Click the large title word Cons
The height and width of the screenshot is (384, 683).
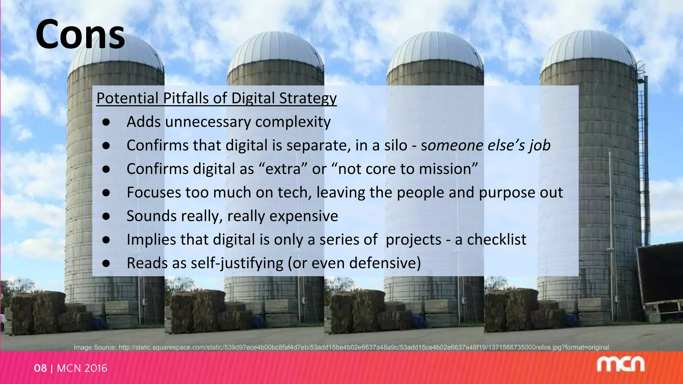80,35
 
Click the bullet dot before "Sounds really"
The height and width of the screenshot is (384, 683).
106,216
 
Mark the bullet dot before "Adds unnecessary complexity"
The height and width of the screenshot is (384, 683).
106,122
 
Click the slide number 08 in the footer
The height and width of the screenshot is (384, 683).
40,368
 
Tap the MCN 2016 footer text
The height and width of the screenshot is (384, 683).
82,368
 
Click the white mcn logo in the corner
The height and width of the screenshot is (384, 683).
620,365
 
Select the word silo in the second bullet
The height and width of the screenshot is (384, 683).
396,146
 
